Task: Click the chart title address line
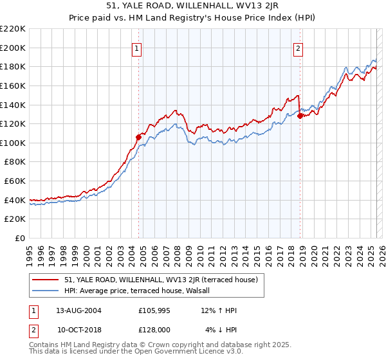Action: pos(193,6)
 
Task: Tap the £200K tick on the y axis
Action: pos(13,48)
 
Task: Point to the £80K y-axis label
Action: pos(15,162)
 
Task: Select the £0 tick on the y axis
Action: pos(20,239)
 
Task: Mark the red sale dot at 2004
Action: pos(138,136)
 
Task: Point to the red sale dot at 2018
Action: pos(300,116)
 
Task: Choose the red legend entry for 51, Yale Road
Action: pos(161,280)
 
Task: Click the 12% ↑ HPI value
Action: pos(222,310)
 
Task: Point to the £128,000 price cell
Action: pos(154,329)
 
